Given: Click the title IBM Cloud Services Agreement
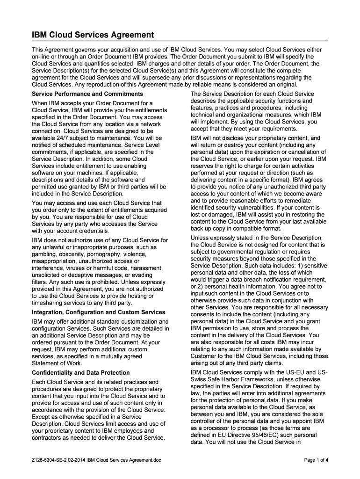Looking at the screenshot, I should (93, 35).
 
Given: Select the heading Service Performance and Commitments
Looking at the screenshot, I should (87, 94).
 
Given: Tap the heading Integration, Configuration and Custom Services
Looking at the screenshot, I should (98, 312).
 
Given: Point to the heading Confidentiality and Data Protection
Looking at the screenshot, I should (80, 373).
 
